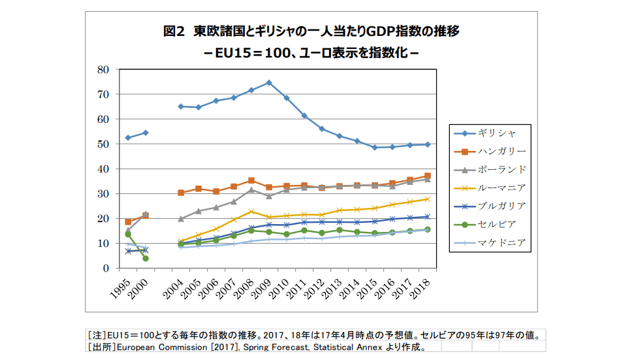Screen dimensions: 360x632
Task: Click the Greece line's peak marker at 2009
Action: click(268, 83)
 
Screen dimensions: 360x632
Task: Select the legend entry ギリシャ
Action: click(498, 133)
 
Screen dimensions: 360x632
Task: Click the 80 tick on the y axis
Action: click(103, 69)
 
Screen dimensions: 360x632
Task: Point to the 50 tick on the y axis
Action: click(103, 144)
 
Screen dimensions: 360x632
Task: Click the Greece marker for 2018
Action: click(427, 144)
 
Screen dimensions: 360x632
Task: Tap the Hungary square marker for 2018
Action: click(427, 176)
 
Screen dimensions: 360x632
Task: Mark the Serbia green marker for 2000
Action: click(146, 258)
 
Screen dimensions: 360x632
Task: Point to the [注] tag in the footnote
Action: click(97, 335)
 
